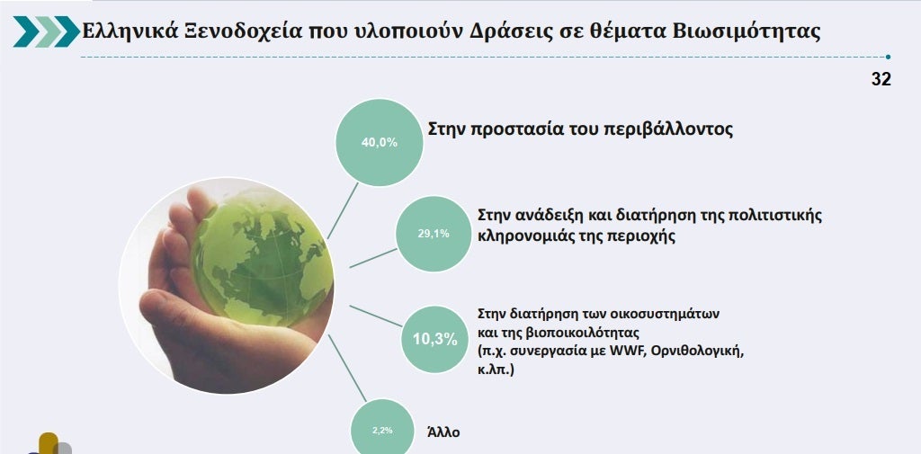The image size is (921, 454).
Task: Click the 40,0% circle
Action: (380, 142)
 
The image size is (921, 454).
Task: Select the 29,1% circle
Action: (434, 234)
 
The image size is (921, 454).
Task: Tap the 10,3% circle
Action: (434, 339)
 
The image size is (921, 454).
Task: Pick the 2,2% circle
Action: (382, 430)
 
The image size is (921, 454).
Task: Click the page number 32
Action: (881, 79)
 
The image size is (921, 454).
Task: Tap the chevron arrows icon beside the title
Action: (47, 31)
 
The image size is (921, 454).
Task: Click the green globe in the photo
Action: (261, 258)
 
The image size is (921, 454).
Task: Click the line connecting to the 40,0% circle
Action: (343, 211)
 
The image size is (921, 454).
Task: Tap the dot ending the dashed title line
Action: (888, 57)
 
